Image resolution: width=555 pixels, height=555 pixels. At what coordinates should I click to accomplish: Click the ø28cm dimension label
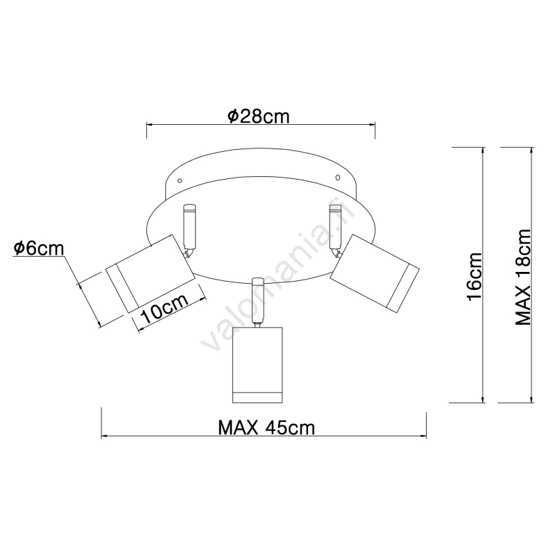point(258,117)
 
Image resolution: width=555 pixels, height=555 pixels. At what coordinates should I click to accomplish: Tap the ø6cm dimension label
point(39,248)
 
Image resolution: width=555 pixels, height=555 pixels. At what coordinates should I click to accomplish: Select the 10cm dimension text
point(164,309)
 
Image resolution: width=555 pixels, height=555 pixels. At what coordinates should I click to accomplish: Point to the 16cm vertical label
point(475,277)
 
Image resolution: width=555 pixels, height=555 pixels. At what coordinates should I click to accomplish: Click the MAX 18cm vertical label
point(523,277)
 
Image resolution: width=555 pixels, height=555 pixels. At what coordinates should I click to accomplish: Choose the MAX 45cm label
point(266,427)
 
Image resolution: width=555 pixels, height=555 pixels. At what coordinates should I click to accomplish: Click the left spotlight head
point(151,273)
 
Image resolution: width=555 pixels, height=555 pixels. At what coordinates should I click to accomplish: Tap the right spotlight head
point(375,273)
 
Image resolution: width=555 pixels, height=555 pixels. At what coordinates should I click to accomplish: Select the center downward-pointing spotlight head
point(257,365)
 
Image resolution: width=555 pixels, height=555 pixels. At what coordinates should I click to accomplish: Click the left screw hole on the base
point(180,181)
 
